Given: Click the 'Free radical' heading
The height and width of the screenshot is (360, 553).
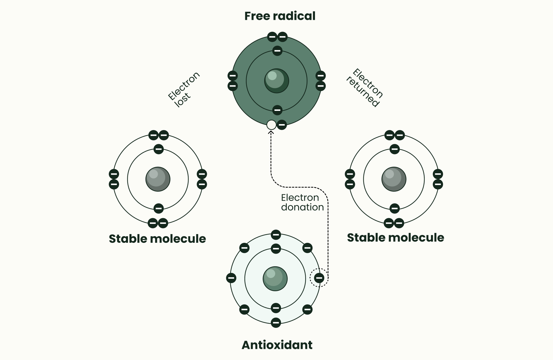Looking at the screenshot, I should [280, 16].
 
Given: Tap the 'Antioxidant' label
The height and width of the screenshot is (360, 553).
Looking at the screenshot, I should [277, 345].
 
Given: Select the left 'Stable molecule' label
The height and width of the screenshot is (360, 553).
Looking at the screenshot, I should [157, 239].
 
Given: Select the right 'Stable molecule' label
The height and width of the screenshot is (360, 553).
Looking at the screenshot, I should [395, 238].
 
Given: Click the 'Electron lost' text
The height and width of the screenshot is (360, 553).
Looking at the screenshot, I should [183, 90].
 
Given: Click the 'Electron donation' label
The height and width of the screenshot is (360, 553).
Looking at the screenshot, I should [302, 202].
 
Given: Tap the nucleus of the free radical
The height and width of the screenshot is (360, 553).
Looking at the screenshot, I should [276, 81].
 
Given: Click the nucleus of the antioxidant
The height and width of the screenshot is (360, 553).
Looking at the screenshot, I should [275, 279].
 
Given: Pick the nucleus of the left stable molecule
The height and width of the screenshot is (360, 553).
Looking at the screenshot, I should [158, 179].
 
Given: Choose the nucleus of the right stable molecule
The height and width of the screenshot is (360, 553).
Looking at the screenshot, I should [394, 179].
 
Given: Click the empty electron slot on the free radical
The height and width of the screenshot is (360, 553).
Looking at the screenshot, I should [271, 125].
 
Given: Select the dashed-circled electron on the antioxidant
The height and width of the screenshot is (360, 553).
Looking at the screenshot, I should [319, 278].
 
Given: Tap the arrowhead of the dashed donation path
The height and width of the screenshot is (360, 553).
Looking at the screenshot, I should [271, 132].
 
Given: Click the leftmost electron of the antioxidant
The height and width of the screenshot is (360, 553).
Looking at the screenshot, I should [231, 278].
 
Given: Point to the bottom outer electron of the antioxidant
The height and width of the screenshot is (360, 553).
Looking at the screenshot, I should [276, 322].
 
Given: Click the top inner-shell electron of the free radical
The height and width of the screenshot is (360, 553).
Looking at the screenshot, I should [277, 50].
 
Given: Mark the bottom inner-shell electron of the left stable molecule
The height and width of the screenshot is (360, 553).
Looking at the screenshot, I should [158, 208].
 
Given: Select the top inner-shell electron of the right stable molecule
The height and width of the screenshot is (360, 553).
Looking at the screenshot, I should [394, 149].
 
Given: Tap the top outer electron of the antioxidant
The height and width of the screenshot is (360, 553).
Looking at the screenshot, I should [276, 234].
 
